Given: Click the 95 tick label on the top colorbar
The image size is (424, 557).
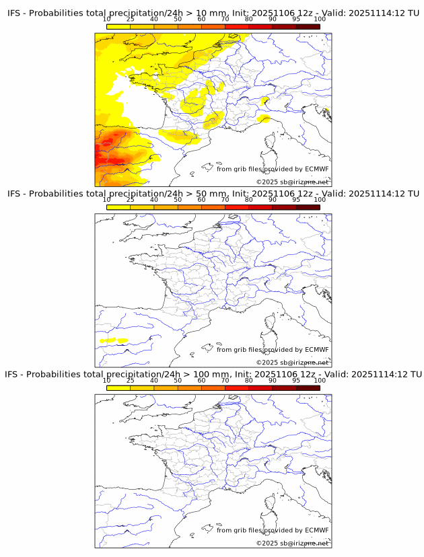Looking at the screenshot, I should tap(296, 20).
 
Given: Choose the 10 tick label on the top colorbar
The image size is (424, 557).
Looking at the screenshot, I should tap(107, 20).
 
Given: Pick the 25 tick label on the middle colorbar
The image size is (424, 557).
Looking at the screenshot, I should tap(131, 200).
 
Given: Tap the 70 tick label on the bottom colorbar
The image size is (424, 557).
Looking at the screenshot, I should tap(225, 381).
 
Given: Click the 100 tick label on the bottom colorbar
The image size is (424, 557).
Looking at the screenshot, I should tap(320, 381).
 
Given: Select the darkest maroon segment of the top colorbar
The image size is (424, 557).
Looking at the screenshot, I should tap(308, 27).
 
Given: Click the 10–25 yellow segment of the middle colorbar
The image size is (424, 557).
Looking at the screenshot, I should tap(118, 207).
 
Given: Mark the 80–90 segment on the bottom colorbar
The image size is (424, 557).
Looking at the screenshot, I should tap(260, 387).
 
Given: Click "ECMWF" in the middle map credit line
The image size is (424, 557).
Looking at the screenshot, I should tap(317, 350).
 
